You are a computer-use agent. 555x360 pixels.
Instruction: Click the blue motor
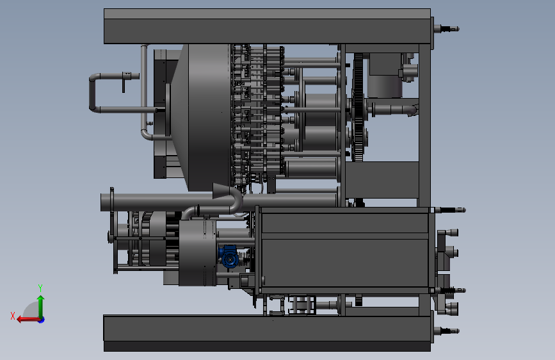229,257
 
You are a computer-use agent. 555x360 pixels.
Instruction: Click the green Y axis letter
40,288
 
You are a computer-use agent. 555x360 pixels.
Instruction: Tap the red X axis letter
13,316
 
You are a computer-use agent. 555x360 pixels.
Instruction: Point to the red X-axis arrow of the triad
28,320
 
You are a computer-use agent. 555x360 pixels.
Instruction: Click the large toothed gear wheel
358,108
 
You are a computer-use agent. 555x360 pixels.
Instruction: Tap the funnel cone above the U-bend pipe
222,191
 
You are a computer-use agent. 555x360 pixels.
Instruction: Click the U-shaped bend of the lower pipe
236,202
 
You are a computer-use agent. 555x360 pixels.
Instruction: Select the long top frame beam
267,26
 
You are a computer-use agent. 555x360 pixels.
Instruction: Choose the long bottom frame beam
267,333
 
